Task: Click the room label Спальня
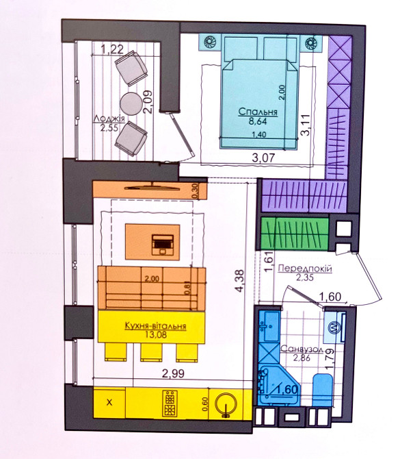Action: (258, 112)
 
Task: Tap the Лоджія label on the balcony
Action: (109, 119)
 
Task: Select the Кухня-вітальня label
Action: (155, 326)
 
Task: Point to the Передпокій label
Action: (305, 268)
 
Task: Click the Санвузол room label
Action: (302, 349)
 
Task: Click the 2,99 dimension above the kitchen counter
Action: (173, 373)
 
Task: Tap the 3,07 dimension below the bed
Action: (264, 158)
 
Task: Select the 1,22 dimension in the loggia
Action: (112, 49)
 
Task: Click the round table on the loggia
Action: (131, 104)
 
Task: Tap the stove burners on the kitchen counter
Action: (170, 403)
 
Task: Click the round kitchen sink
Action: (226, 404)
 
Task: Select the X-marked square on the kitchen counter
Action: (109, 403)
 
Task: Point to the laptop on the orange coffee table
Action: (163, 244)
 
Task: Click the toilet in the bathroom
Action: (323, 390)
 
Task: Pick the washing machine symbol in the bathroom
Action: (334, 327)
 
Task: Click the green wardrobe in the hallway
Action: (294, 234)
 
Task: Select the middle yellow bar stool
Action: (151, 352)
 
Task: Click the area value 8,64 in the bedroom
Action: (258, 121)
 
